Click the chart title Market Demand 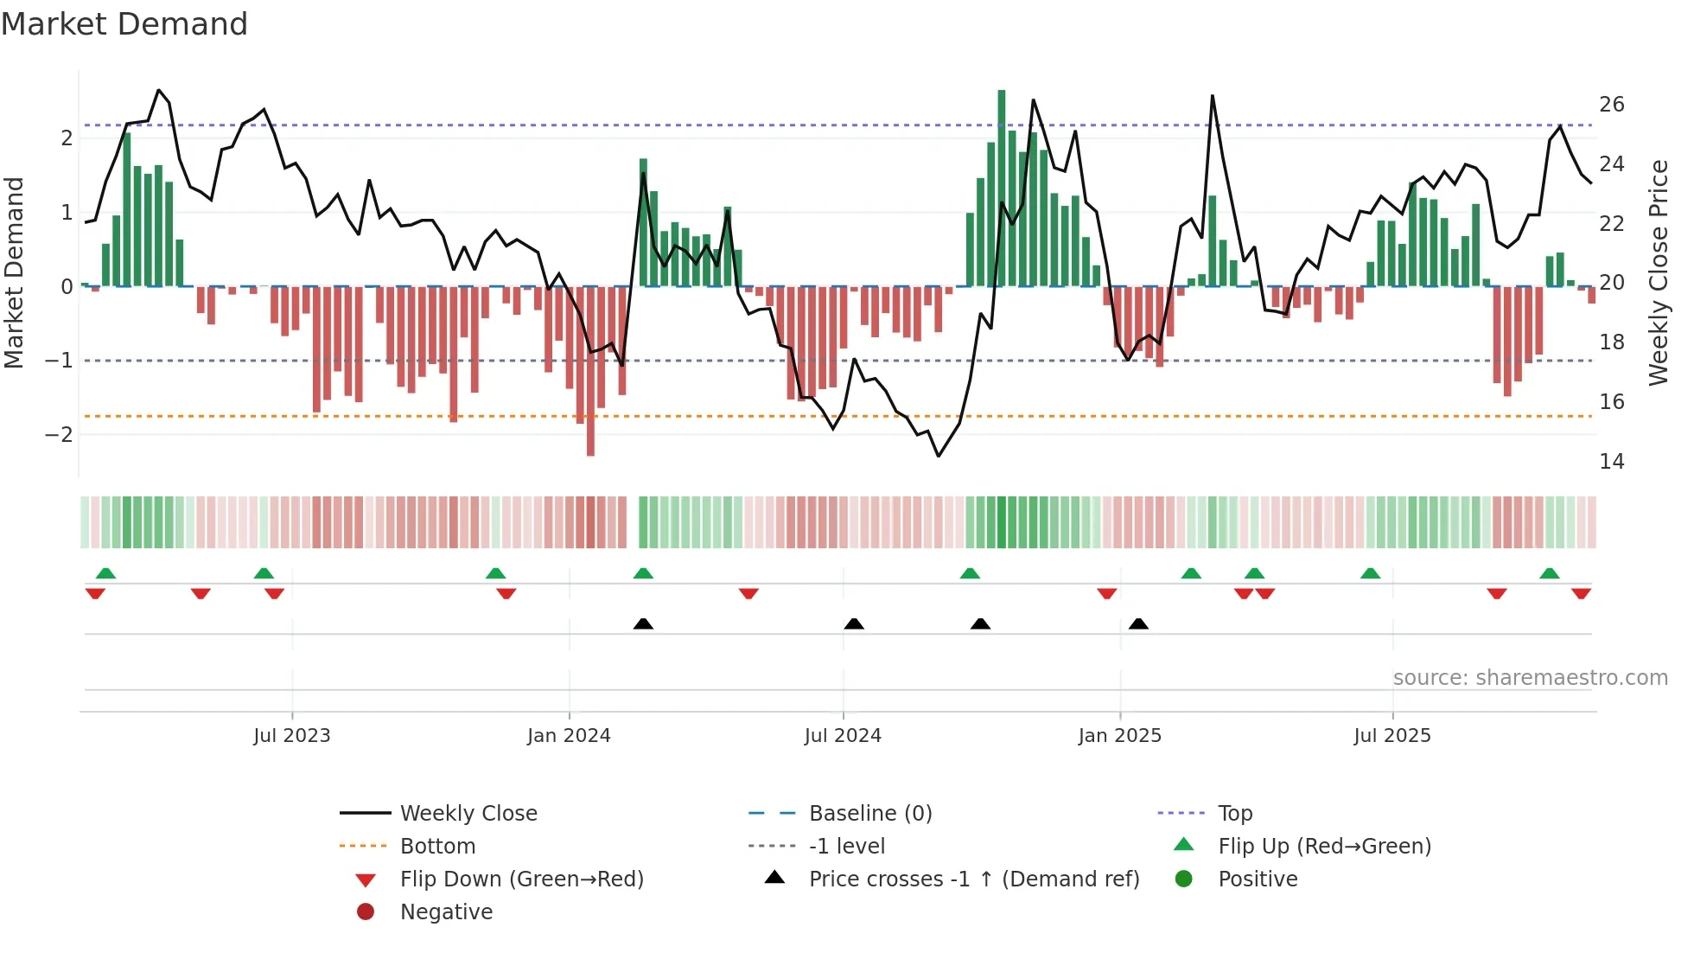click(x=124, y=24)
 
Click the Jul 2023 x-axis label click(x=291, y=736)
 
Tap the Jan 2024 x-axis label click(x=569, y=736)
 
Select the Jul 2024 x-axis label click(x=843, y=736)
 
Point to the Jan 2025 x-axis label click(x=1119, y=736)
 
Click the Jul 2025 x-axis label click(x=1391, y=736)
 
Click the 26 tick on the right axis click(x=1611, y=105)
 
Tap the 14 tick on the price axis click(x=1611, y=462)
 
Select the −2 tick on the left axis click(x=60, y=434)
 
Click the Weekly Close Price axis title click(x=1658, y=272)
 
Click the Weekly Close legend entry click(x=468, y=814)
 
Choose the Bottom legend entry click(x=437, y=847)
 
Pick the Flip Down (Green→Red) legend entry click(x=521, y=879)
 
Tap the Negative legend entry click(x=446, y=912)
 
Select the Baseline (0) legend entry click(x=869, y=814)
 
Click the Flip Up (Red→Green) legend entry click(x=1324, y=847)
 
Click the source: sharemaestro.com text click(x=1530, y=678)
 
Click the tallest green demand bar click(x=1002, y=186)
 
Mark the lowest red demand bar click(x=590, y=372)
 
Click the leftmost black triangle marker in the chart click(x=643, y=624)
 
